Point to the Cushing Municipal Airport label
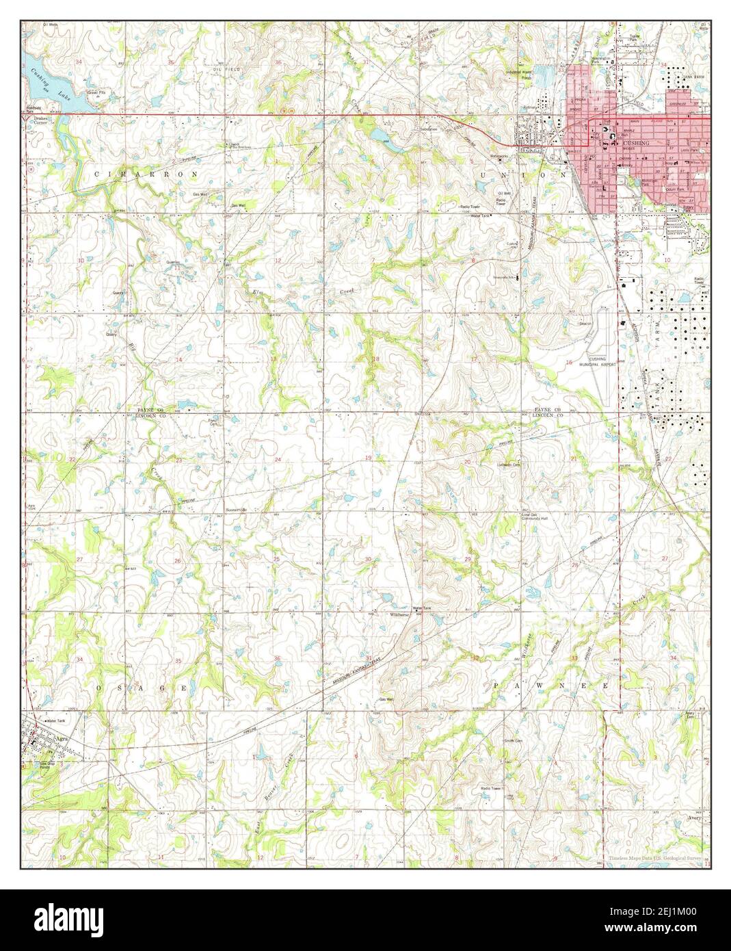tap(602, 363)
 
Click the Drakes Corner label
tap(44, 120)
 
